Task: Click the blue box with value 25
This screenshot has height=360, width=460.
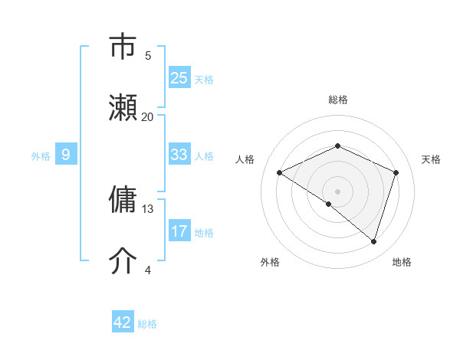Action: point(179,78)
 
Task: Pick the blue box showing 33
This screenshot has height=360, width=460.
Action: point(179,155)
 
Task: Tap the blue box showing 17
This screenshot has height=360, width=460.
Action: point(179,231)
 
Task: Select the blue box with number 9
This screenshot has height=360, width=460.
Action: point(66,155)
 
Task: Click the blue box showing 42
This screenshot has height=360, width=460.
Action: point(123,322)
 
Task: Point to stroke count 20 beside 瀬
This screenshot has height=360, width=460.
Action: point(148,117)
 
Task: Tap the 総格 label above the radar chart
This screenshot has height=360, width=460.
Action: point(338,100)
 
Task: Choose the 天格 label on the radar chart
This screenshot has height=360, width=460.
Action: point(431,159)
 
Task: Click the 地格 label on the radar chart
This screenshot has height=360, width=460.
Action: point(402,262)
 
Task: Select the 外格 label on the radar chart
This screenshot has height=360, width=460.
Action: point(270,262)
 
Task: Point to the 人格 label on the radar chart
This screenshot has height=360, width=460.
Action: point(245,159)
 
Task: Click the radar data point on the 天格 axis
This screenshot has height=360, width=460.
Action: point(396,172)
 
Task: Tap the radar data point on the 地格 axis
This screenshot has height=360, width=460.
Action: point(373,241)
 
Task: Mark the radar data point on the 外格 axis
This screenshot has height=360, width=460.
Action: point(329,204)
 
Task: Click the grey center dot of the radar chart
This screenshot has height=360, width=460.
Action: point(337,191)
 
